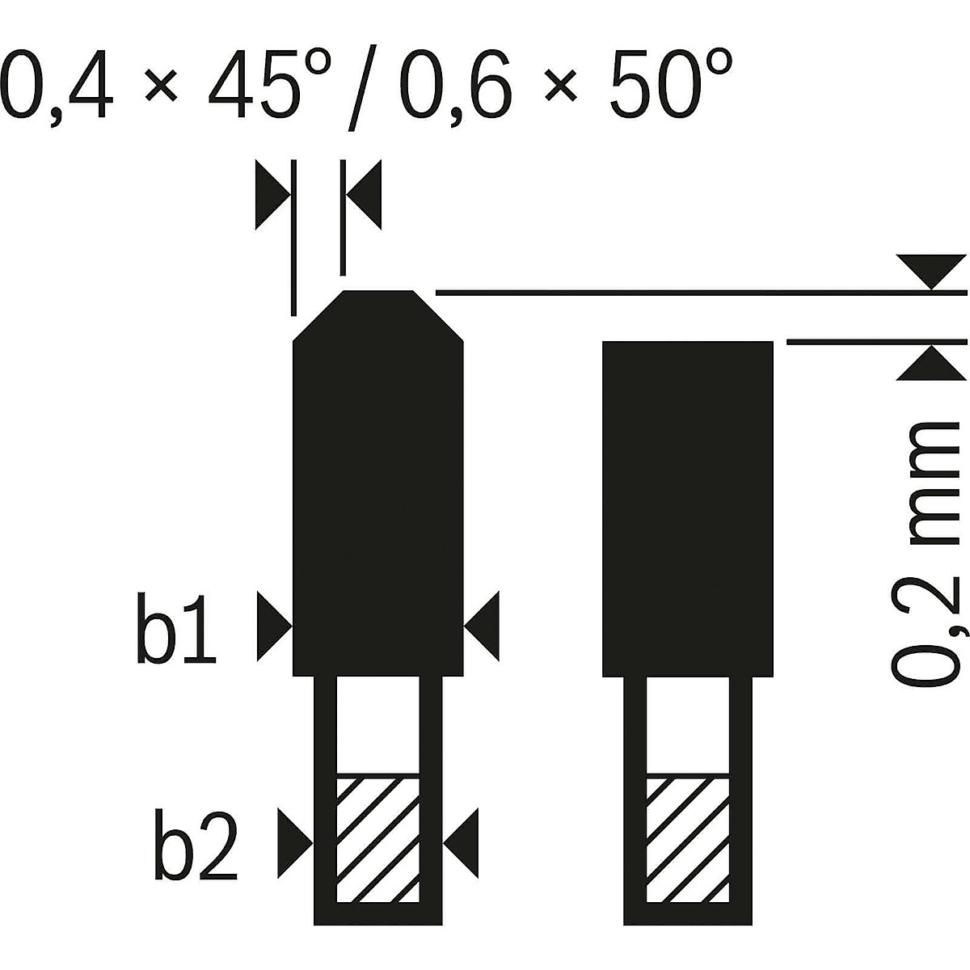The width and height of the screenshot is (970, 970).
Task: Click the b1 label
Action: pyautogui.click(x=176, y=628)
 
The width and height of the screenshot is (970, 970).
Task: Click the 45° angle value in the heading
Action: pyautogui.click(x=270, y=83)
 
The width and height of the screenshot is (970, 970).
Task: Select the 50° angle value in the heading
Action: pyautogui.click(x=670, y=83)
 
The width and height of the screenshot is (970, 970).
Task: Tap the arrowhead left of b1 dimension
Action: pyautogui.click(x=274, y=626)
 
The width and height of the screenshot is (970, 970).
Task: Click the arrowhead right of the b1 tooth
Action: pyautogui.click(x=482, y=626)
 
